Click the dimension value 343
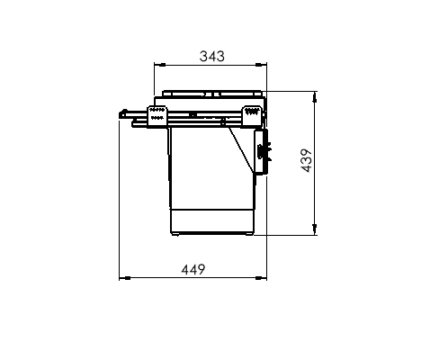[211, 56]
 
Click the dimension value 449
[193, 268]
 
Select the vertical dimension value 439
[306, 161]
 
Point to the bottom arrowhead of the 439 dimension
[314, 230]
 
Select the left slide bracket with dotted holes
[156, 116]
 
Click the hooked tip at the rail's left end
[121, 113]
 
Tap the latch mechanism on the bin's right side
[263, 150]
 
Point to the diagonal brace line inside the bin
[240, 148]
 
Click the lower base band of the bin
[212, 221]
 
